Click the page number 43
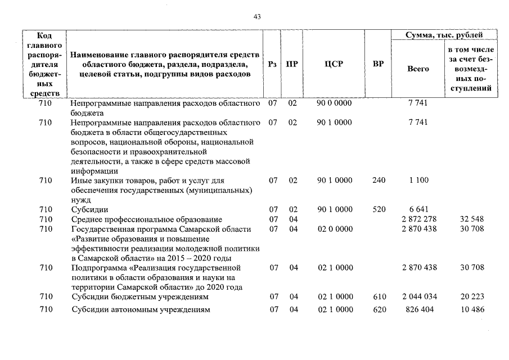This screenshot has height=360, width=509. coord(258,17)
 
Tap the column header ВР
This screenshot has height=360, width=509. coord(379,64)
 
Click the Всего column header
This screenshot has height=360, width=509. coord(418,69)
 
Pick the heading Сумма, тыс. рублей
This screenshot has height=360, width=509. coord(444,35)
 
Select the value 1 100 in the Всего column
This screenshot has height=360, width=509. coord(419,180)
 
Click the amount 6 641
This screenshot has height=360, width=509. coord(419,209)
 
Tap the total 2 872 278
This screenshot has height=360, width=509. coord(419,219)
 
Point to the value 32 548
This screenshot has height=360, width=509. coord(472,219)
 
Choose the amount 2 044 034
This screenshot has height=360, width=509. coord(419,296)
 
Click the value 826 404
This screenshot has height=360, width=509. coord(419,310)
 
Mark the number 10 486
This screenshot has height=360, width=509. coord(472,310)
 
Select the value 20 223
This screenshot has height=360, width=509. coord(472,296)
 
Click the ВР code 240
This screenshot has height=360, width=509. coord(379,180)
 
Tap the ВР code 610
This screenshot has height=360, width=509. coord(379,296)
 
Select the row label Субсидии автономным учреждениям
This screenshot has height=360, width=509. coord(140,310)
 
